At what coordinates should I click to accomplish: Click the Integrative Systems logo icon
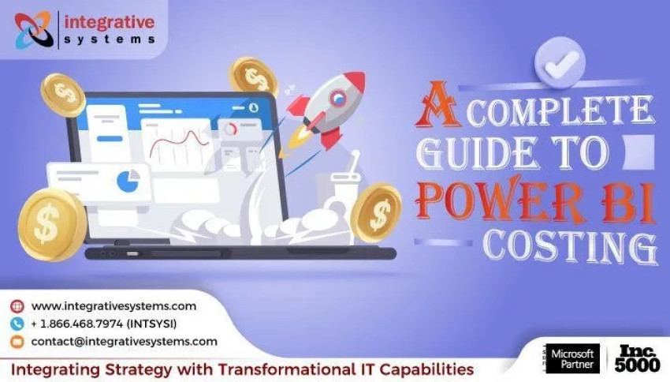33,30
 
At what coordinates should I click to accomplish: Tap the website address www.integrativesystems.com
114,306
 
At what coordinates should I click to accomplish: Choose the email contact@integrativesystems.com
124,342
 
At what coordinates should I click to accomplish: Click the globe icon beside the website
17,306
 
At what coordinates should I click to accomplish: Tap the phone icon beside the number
17,324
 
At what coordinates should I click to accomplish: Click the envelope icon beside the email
17,342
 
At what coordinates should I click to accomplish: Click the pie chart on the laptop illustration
127,181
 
